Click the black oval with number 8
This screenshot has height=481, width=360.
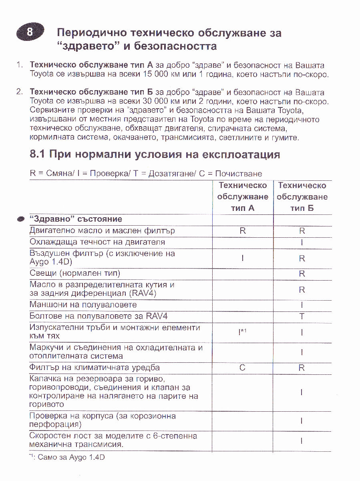(x=30, y=32)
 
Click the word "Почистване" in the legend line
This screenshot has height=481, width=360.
(x=239, y=174)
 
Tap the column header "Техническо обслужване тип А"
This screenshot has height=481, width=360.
(x=243, y=197)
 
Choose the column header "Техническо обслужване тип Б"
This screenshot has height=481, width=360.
(x=302, y=197)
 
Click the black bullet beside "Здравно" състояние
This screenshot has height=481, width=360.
(x=21, y=220)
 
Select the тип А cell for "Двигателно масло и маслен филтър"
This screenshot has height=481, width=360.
(x=243, y=231)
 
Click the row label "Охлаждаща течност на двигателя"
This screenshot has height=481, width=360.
(x=97, y=242)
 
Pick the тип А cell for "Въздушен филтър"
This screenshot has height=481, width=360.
(x=243, y=259)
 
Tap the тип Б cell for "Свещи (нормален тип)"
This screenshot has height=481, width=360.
(x=302, y=274)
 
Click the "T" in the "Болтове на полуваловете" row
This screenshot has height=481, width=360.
(x=302, y=316)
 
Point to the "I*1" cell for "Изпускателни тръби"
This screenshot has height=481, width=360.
(x=242, y=332)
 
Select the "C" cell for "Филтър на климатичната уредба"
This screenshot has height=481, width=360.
(x=242, y=368)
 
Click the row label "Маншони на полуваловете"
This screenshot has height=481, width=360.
(x=83, y=305)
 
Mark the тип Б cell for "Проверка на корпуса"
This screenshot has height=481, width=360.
(x=302, y=421)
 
